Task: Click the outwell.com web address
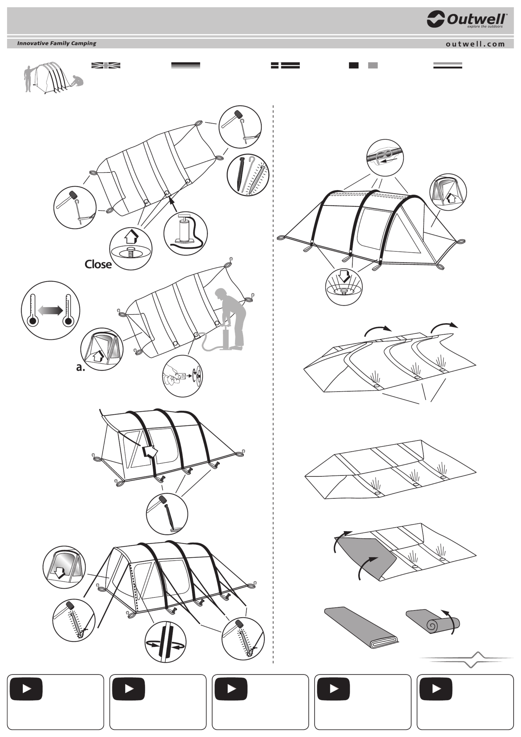click(475, 44)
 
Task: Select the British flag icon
click(106, 65)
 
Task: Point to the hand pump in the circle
click(186, 233)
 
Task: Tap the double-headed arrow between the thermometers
click(50, 310)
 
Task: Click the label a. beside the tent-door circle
click(80, 367)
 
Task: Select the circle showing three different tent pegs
click(248, 175)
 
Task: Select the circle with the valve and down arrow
click(344, 287)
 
